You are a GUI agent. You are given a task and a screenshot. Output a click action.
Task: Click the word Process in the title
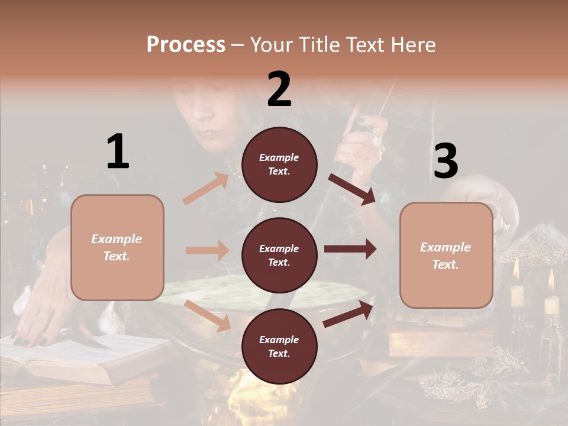coord(186,44)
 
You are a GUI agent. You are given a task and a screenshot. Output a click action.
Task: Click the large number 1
coord(118,151)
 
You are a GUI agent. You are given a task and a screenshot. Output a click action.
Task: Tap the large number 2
coord(279,89)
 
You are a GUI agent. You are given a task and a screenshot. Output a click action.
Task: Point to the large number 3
coord(446,161)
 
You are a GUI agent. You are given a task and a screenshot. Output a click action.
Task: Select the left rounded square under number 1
coord(117,247)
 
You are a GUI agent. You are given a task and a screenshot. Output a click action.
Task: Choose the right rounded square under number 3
coord(446,256)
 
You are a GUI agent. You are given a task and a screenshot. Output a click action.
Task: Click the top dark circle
coord(279,164)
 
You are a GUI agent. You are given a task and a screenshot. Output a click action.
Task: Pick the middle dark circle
coord(279,256)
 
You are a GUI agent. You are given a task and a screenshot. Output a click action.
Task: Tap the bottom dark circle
coord(279,347)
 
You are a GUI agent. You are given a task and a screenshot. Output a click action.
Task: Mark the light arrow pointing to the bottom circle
coord(208,315)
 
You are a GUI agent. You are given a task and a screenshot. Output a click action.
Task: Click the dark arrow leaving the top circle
coord(351,189)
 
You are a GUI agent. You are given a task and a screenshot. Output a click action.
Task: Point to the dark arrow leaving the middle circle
coord(350,249)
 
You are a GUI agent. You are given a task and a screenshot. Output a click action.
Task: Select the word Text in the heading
coord(364,44)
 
